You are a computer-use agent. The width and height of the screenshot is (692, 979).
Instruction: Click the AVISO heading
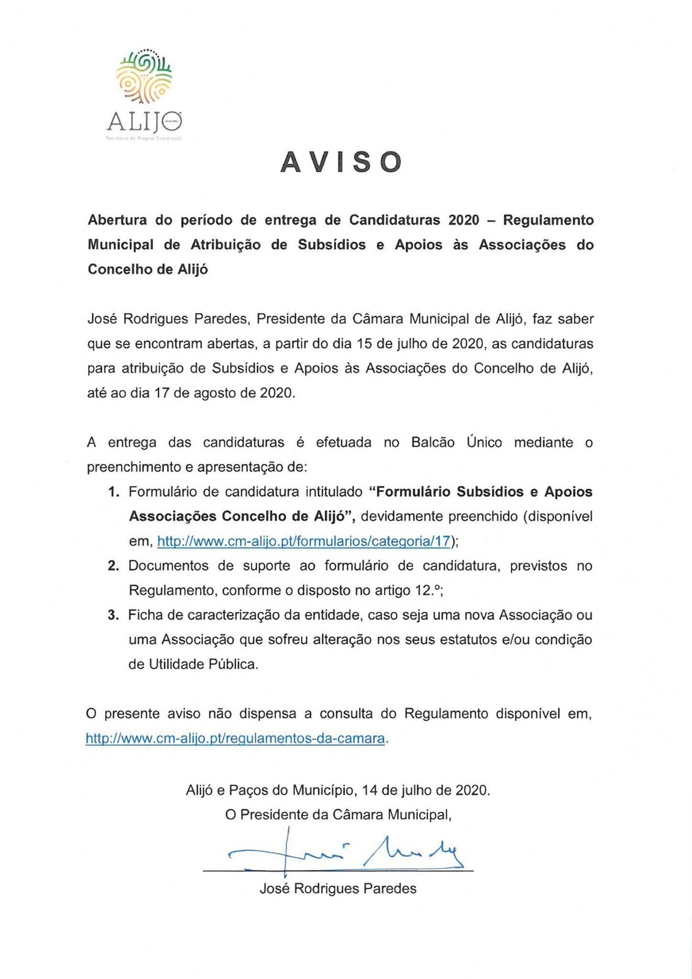pyautogui.click(x=341, y=162)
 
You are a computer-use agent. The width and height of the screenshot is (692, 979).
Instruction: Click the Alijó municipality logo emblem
pyautogui.click(x=145, y=77)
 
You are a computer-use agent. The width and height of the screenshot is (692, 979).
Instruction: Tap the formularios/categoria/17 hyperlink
pyautogui.click(x=303, y=542)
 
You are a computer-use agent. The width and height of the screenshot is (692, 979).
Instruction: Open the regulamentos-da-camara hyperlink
pyautogui.click(x=235, y=739)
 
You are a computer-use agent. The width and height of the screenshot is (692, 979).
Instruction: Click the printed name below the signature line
pyautogui.click(x=338, y=888)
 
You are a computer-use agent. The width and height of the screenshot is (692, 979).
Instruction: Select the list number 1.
pyautogui.click(x=113, y=493)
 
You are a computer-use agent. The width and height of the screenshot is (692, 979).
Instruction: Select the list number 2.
pyautogui.click(x=113, y=566)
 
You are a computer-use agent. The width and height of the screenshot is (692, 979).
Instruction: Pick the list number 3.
pyautogui.click(x=113, y=616)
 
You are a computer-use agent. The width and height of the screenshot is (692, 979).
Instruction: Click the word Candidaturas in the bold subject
pyautogui.click(x=394, y=220)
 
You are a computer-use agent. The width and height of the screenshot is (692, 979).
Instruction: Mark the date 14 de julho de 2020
pyautogui.click(x=426, y=790)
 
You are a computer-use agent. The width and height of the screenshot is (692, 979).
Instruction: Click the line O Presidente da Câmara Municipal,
pyautogui.click(x=338, y=815)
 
